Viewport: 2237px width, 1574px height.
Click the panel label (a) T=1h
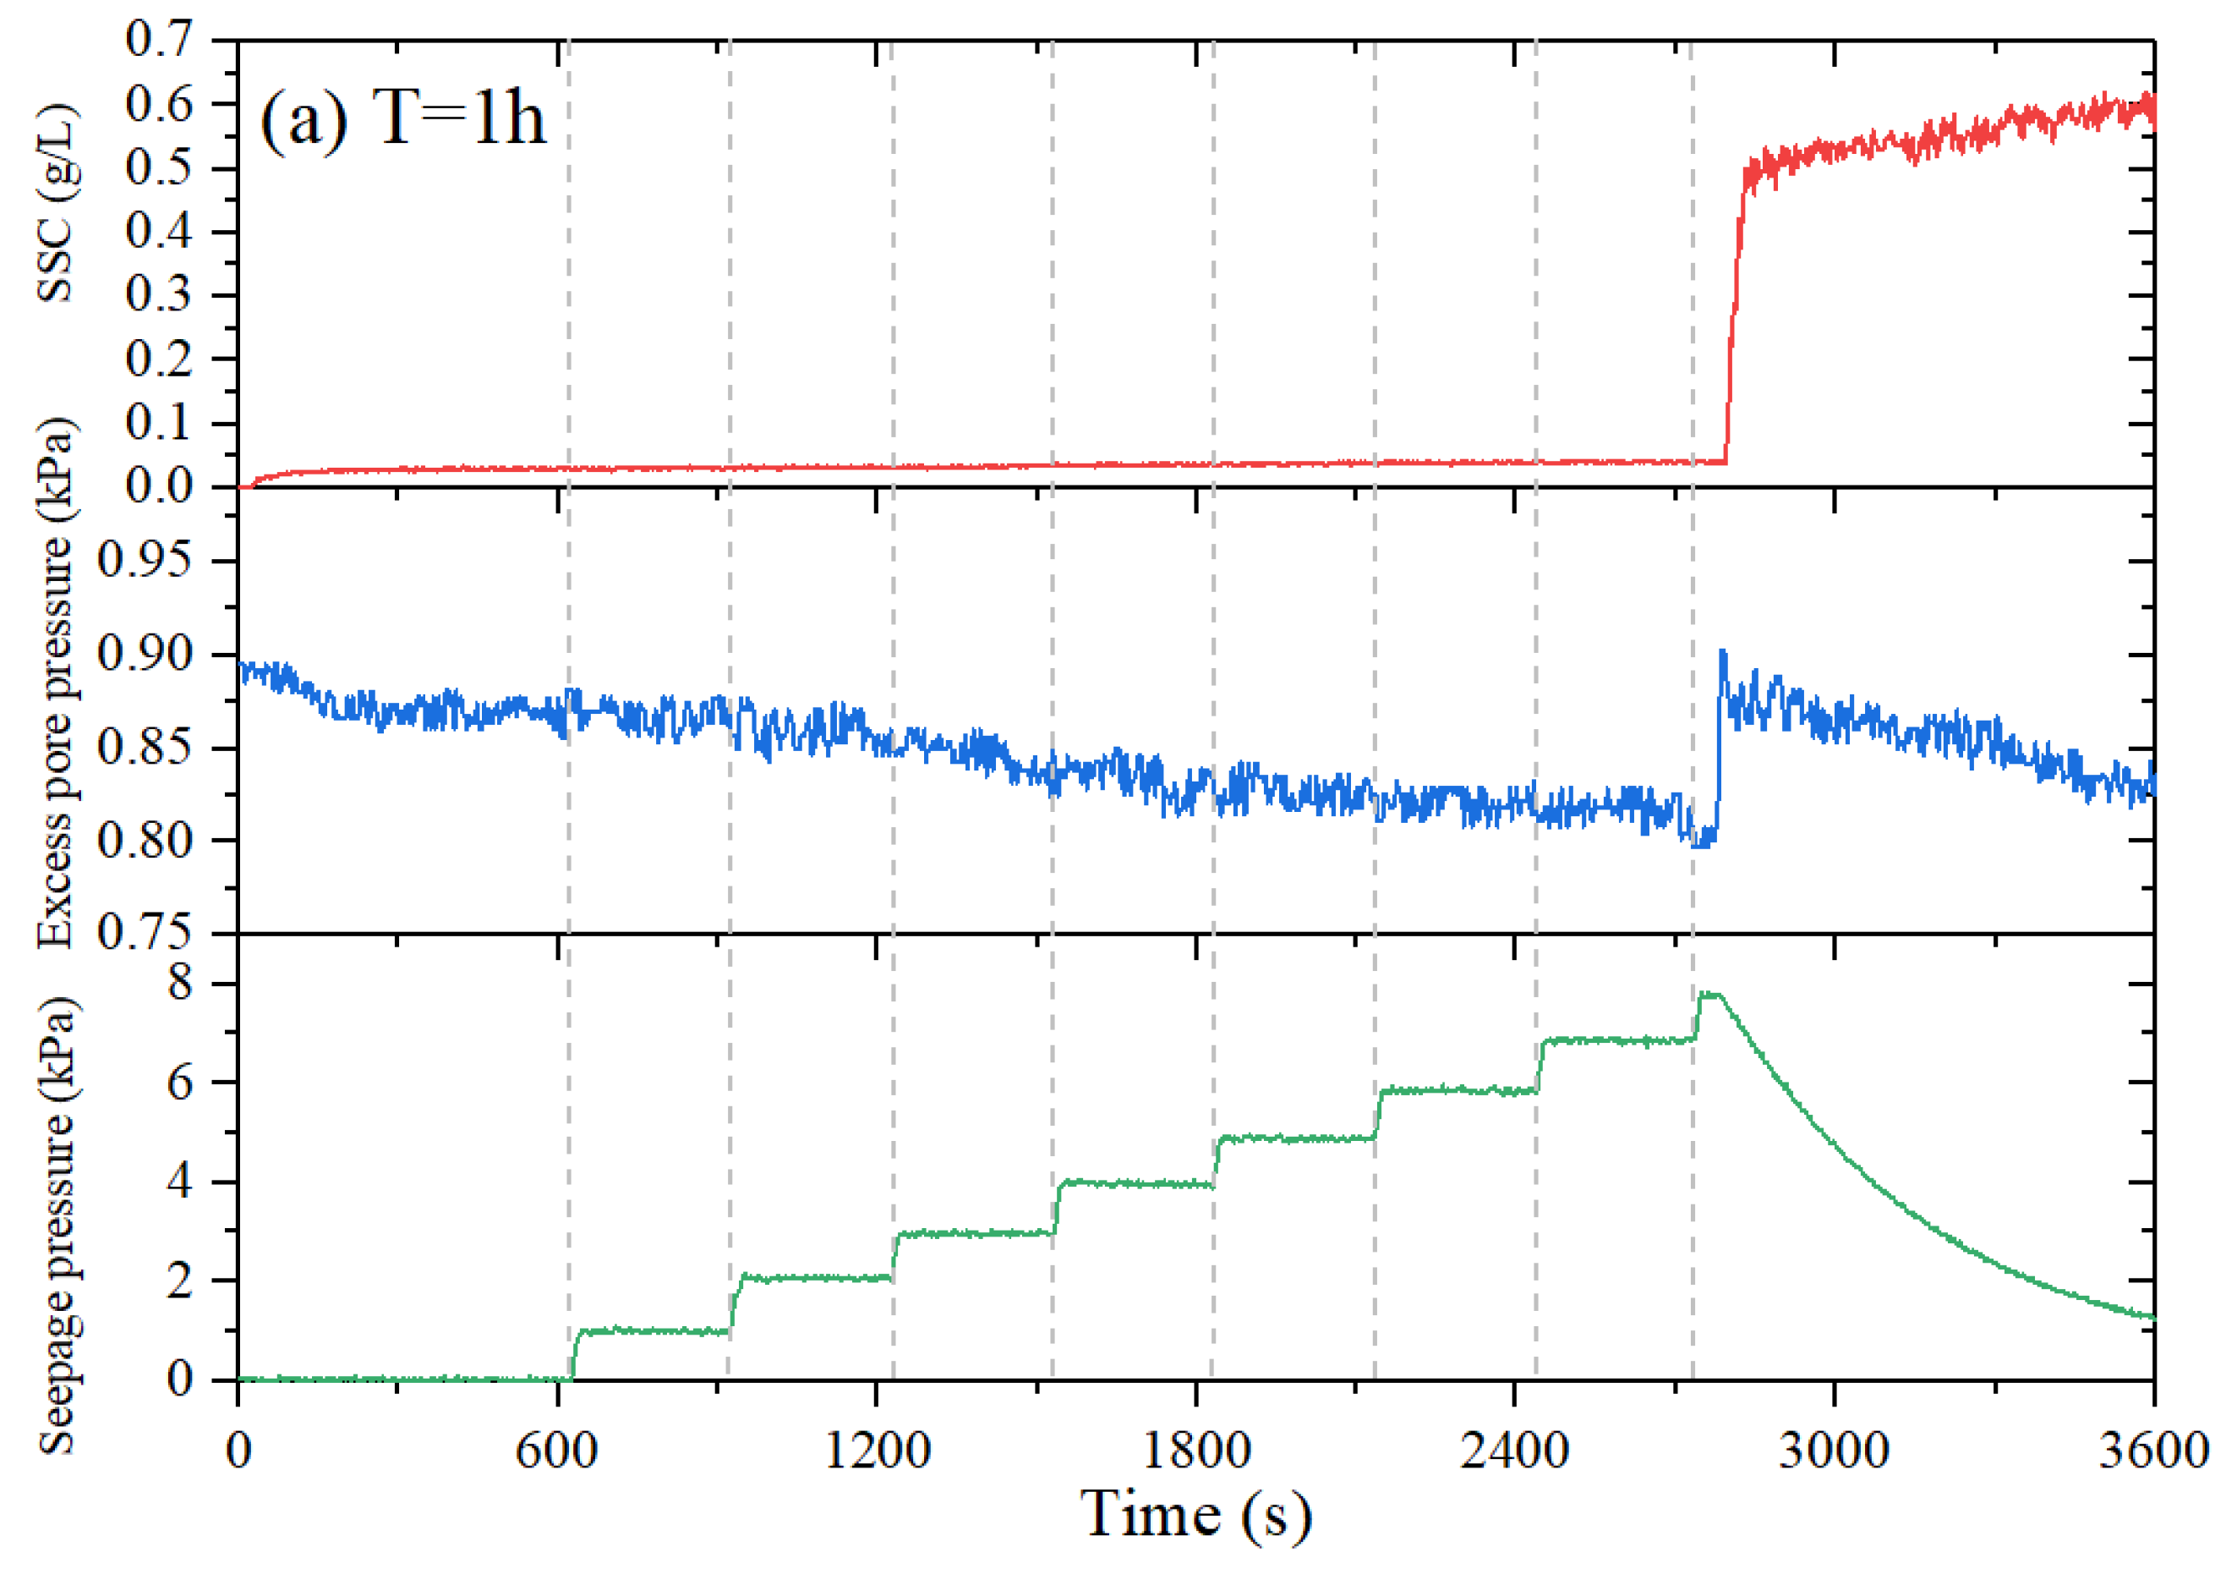pos(402,119)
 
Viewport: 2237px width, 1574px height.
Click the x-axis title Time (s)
pos(1195,1514)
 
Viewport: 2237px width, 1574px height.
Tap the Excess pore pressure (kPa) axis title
pos(56,683)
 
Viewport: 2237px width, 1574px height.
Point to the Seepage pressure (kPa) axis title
pos(56,1225)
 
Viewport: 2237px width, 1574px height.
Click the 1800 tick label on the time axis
pos(1195,1451)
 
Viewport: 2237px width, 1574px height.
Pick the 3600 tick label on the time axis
pos(2152,1451)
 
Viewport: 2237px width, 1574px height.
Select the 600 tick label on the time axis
pos(556,1451)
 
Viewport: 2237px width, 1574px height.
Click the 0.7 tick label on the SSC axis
pos(159,41)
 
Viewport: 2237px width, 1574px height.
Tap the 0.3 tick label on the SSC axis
pos(159,295)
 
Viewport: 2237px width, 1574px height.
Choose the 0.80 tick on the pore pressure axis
pos(145,840)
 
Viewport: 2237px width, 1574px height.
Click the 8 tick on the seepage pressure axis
pos(180,983)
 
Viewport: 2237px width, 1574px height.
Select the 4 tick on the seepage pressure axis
pos(180,1182)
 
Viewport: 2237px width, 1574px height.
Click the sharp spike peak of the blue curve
pos(1721,651)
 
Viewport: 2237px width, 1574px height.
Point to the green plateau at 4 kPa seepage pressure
pos(1135,1183)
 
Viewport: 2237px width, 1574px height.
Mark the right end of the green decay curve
pos(2150,1318)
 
